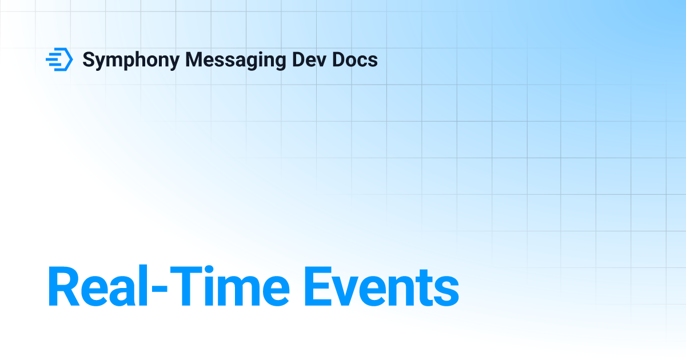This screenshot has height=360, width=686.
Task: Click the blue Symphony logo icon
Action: [59, 59]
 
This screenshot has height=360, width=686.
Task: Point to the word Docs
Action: [356, 59]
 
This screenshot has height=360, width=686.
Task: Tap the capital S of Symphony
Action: [89, 59]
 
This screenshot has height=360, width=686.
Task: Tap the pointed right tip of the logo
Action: [72, 59]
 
